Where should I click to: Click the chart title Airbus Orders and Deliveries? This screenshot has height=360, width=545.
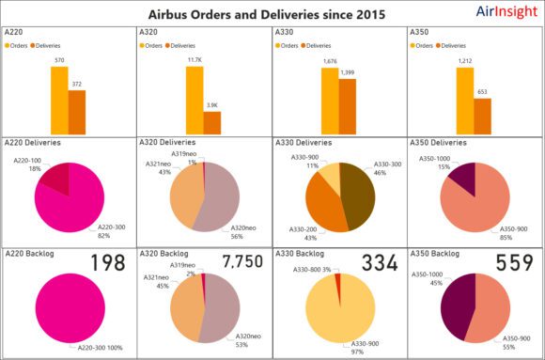(266, 15)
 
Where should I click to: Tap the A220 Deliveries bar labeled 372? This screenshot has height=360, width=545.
(77, 112)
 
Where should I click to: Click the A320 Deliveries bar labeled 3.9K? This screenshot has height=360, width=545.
(212, 123)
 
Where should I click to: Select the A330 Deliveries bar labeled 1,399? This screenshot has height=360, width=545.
(347, 106)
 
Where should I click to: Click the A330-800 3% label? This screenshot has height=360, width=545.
(314, 271)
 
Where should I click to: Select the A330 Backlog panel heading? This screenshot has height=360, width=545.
(299, 254)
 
